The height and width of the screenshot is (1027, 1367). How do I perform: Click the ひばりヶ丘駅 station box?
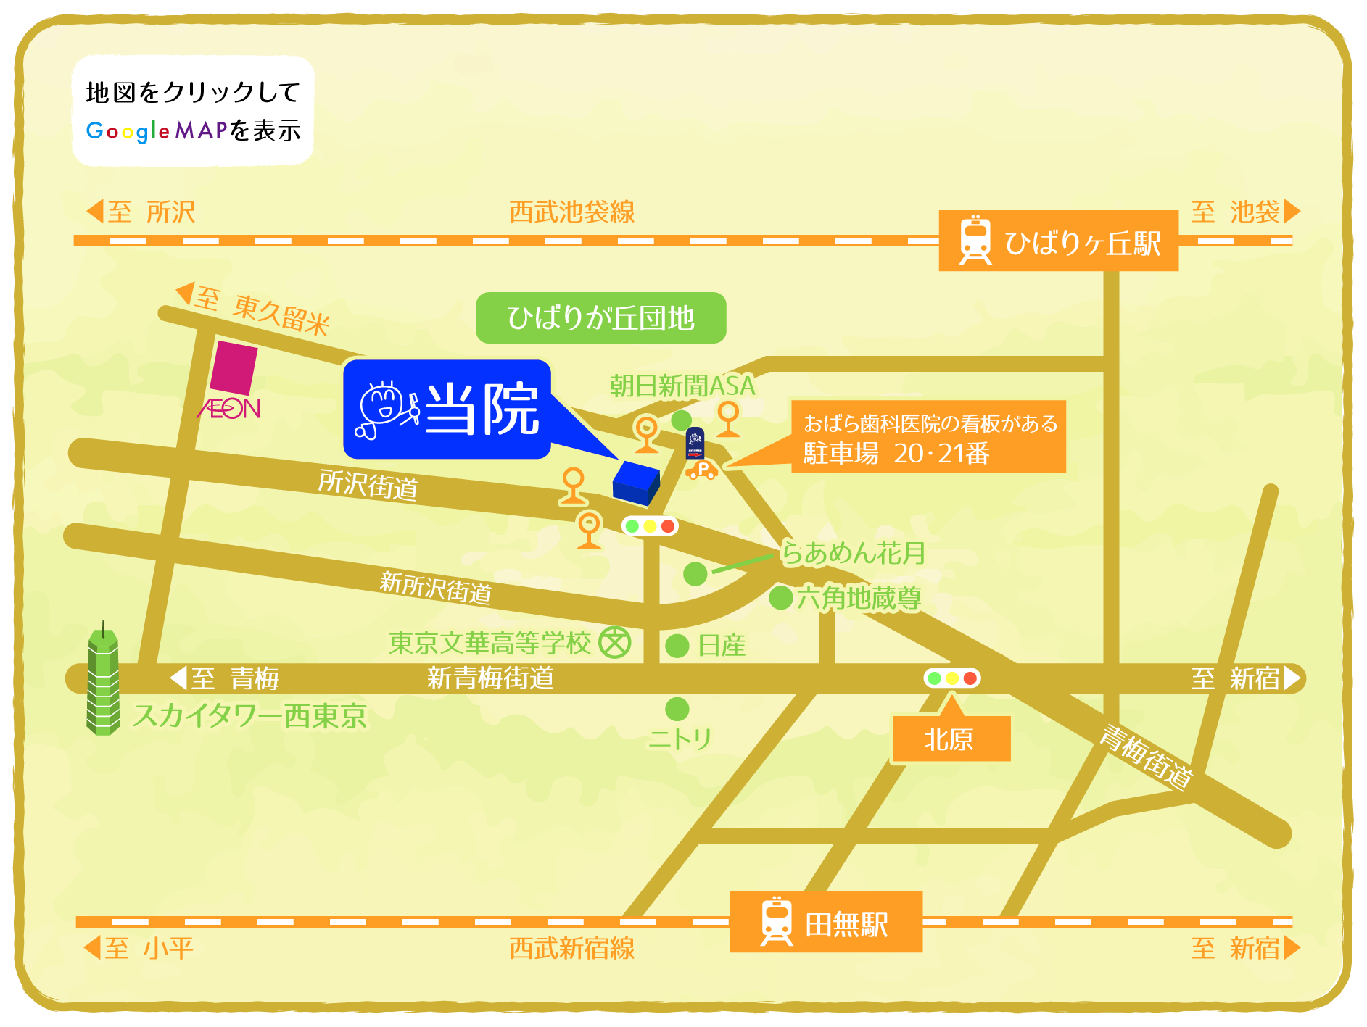[x=1058, y=241]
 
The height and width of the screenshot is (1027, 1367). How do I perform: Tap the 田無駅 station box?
[x=825, y=922]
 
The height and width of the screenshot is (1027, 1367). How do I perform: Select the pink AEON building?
[x=234, y=368]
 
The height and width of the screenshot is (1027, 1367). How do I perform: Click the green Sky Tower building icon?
[x=103, y=681]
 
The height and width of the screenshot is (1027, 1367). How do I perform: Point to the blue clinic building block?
[x=636, y=482]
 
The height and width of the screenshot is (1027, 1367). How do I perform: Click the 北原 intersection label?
[x=951, y=739]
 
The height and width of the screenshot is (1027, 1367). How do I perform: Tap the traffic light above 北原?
[x=951, y=678]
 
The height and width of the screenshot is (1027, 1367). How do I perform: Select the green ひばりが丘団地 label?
[x=600, y=318]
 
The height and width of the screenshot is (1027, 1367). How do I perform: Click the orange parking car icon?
[x=702, y=470]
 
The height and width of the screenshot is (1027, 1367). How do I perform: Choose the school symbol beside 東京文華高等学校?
[x=615, y=643]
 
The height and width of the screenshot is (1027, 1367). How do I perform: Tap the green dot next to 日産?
[x=677, y=646]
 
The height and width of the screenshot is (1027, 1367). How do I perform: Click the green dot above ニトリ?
[x=677, y=709]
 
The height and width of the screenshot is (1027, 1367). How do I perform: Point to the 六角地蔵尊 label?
[x=859, y=599]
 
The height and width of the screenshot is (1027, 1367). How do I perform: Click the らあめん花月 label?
[x=854, y=554]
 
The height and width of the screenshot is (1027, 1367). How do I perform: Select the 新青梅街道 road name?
[x=490, y=678]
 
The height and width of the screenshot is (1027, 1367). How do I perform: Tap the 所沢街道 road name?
[x=368, y=484]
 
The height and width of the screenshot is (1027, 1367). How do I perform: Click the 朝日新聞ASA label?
[x=682, y=386]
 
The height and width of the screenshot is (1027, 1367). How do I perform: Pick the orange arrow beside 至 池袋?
[x=1292, y=212]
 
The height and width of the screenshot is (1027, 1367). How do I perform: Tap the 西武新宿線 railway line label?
[x=571, y=948]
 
